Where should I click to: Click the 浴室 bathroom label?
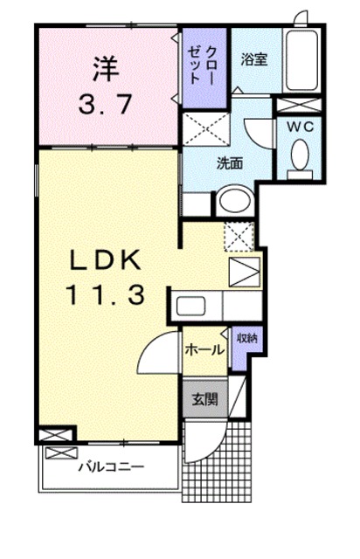click(x=254, y=59)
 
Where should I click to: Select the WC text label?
click(x=301, y=126)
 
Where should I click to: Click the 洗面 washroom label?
click(x=230, y=163)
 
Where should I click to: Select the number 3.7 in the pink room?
click(x=105, y=104)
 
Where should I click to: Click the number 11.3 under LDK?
click(x=106, y=295)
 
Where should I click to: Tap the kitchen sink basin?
click(x=190, y=306)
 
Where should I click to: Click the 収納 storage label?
click(x=247, y=338)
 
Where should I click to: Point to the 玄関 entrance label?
click(x=204, y=399)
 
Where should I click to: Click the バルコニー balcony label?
click(x=111, y=466)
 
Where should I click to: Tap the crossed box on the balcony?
click(x=61, y=453)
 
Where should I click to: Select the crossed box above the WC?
click(x=299, y=106)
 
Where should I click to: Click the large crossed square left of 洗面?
click(x=206, y=128)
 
